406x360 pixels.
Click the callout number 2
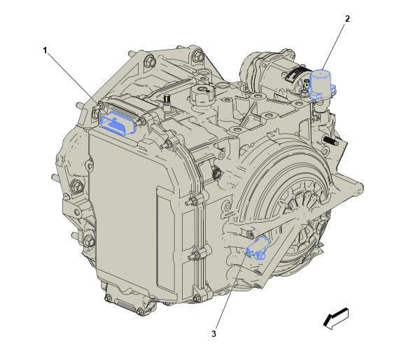(346, 19)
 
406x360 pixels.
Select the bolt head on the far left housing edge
(76, 186)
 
